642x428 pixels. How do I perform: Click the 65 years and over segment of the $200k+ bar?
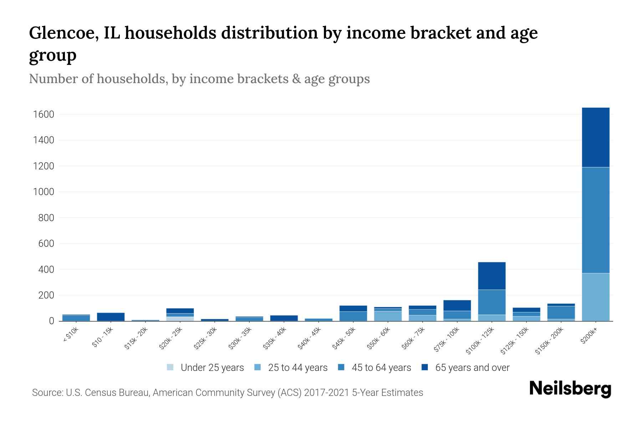[595, 137]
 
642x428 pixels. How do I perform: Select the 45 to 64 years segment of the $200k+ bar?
[595, 220]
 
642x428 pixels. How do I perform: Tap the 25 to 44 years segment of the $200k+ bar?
[595, 297]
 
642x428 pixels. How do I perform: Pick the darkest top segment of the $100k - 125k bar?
[491, 276]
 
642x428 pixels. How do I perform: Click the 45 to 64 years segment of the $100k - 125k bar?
[491, 302]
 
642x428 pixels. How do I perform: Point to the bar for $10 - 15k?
[111, 317]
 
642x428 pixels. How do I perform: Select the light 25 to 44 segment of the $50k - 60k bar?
[388, 316]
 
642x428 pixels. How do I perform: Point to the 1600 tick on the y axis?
[43, 114]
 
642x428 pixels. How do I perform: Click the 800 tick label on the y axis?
[46, 218]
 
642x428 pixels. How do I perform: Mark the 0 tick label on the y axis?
[51, 321]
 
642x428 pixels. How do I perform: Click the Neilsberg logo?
[570, 389]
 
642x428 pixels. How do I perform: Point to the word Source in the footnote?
[47, 393]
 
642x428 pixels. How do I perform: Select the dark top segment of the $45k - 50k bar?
[353, 309]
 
